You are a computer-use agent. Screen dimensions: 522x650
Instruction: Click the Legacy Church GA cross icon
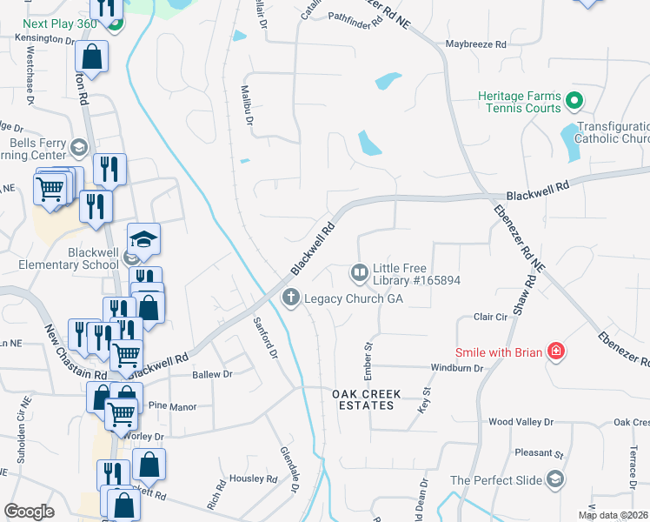point(291,298)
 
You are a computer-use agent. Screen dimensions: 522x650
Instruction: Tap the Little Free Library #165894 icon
point(359,273)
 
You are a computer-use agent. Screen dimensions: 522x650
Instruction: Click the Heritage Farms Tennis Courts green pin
point(574,102)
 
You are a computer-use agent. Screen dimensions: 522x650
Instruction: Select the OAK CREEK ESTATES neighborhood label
point(368,400)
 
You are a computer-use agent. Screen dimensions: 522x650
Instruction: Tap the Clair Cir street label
point(490,318)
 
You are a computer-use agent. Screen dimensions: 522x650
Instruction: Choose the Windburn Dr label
point(481,368)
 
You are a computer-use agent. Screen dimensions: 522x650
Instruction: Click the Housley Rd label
point(253,478)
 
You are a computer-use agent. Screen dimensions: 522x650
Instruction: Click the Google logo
point(29,512)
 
